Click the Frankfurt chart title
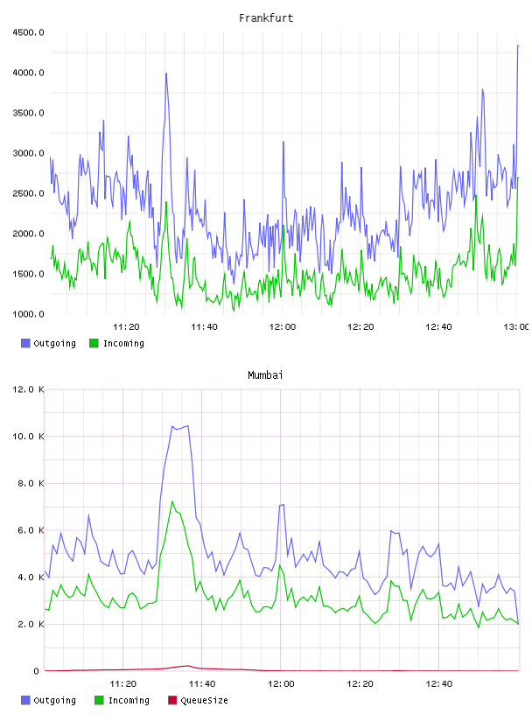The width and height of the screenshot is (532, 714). tap(266, 17)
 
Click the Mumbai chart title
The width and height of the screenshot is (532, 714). tap(265, 374)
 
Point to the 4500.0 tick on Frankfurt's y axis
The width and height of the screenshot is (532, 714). tap(28, 32)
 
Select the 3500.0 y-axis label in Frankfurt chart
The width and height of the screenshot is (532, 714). tap(28, 113)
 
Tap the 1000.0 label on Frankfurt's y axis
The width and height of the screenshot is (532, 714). tap(28, 314)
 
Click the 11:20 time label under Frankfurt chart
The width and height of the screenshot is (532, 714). tap(126, 326)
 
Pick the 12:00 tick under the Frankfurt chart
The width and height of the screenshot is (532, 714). tap(283, 326)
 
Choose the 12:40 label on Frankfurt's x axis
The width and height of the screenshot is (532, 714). tap(438, 326)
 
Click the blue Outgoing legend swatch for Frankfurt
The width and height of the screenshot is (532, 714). tap(25, 343)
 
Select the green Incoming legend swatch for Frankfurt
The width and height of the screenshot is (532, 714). tap(94, 343)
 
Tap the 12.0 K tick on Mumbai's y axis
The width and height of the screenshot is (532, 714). tap(28, 389)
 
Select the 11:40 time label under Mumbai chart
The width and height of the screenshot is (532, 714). tap(202, 683)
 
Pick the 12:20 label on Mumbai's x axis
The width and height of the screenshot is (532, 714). tap(360, 683)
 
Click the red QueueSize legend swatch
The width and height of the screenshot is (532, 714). tap(172, 700)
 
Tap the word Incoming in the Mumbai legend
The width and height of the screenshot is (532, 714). tap(129, 700)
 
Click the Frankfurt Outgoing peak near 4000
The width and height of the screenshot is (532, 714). tap(166, 73)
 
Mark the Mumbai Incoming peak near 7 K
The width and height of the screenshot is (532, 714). tap(172, 501)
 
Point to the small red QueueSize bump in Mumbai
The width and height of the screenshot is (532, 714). tap(187, 666)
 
